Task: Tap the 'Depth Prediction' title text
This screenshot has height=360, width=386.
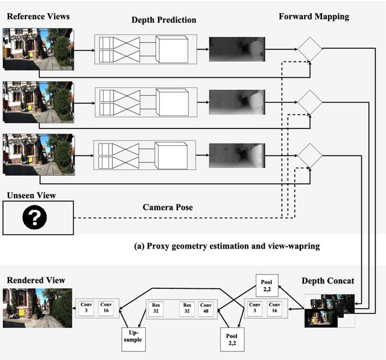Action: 163,21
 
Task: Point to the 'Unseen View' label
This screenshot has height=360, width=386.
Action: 31,195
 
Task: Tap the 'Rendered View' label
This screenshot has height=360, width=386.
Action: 36,280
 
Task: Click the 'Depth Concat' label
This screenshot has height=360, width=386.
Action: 328,280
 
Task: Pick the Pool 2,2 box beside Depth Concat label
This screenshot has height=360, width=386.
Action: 267,285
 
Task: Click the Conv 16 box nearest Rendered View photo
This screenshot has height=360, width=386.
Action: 106,308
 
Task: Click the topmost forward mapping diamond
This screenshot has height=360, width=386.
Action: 309,48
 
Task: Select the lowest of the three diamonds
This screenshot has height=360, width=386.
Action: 309,156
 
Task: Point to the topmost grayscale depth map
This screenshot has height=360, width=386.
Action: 236,49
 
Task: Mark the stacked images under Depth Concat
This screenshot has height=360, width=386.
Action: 329,310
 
